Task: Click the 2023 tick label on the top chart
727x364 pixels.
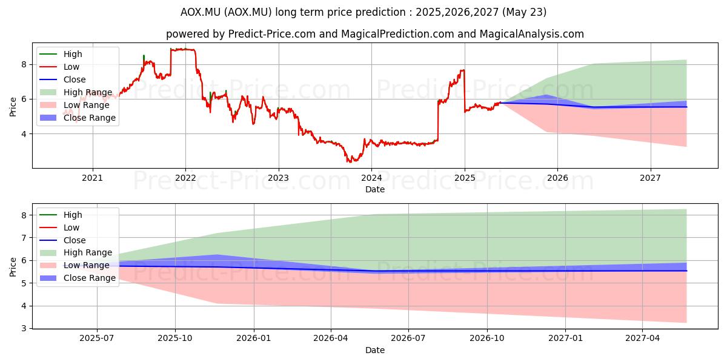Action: [279, 178]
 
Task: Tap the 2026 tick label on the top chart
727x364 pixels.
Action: [557, 178]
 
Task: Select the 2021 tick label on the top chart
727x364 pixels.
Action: [93, 178]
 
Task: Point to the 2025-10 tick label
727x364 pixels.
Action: [175, 339]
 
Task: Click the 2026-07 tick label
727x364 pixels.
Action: [408, 339]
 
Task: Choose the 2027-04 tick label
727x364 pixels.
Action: [643, 339]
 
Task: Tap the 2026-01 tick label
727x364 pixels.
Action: [254, 339]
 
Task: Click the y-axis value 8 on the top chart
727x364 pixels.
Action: [24, 65]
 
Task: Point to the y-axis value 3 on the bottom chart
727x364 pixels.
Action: [24, 329]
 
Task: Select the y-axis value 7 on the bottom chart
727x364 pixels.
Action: [24, 238]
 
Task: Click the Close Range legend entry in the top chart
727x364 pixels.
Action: [78, 118]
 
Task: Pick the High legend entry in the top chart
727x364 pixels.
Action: [61, 54]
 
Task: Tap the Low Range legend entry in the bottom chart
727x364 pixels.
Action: [75, 265]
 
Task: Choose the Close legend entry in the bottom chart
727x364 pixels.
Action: [62, 240]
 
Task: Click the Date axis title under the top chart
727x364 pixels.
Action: [375, 189]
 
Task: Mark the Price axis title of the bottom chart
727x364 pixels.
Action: [13, 267]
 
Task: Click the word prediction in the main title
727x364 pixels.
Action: [380, 12]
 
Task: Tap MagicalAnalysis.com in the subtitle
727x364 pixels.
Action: [532, 34]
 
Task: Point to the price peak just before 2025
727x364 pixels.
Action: [463, 70]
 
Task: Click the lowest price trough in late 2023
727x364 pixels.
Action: [348, 161]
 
